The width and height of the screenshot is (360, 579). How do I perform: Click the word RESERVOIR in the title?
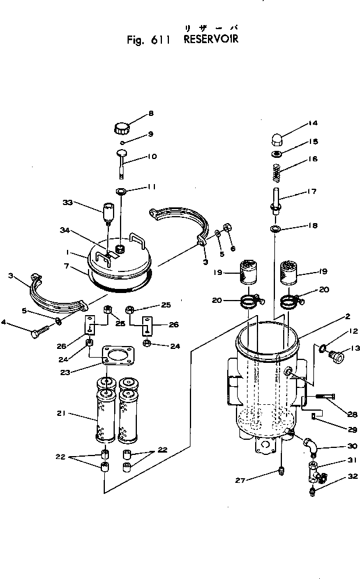[211, 40]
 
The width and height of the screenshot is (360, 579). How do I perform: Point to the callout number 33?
[68, 202]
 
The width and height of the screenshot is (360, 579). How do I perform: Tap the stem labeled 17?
[276, 197]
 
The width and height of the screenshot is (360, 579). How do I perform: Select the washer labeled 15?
[276, 154]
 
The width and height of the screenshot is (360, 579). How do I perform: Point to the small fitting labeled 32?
[313, 493]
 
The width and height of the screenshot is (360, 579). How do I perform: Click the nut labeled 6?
[228, 225]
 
